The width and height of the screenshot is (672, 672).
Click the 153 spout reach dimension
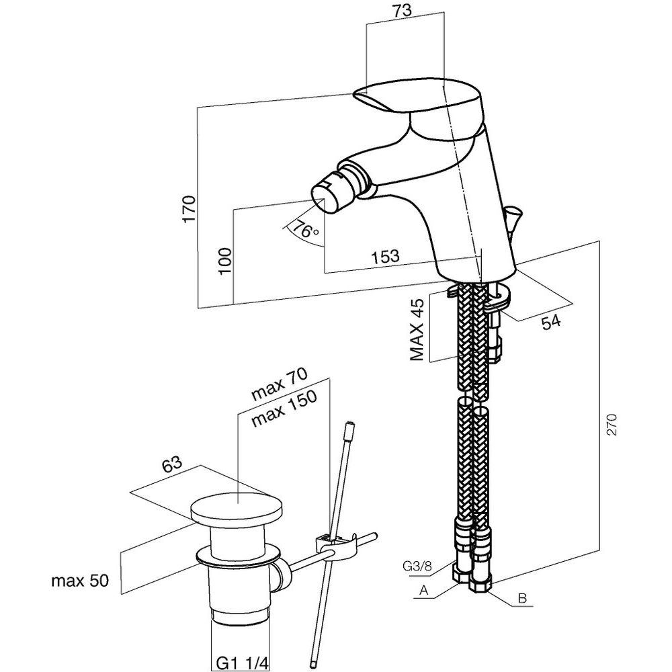[385, 257]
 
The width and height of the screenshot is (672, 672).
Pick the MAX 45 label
[417, 329]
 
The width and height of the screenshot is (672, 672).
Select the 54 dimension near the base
[551, 322]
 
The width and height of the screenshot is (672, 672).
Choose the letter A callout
[424, 591]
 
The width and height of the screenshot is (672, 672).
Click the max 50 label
[79, 580]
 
